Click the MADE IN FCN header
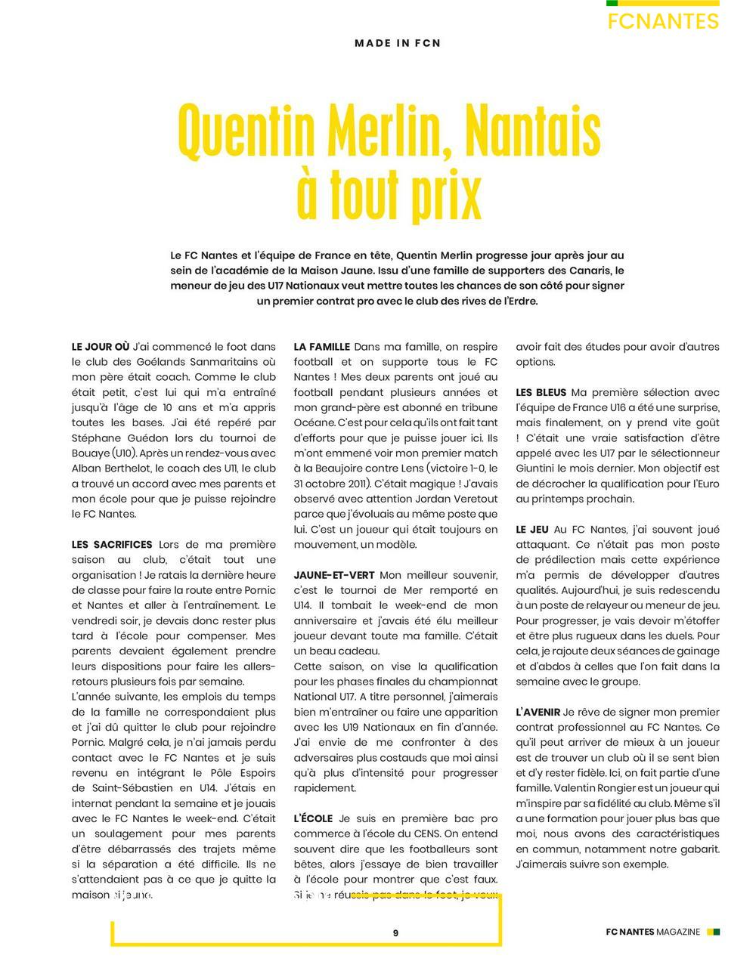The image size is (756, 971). [398, 43]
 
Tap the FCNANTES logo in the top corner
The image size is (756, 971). [663, 21]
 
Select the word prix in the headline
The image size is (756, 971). [446, 195]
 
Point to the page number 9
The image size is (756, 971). [395, 932]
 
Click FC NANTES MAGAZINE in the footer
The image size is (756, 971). [653, 932]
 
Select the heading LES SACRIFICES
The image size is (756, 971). [112, 544]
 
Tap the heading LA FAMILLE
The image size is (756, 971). [321, 347]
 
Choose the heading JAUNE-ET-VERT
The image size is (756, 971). [333, 575]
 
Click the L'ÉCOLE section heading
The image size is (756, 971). [313, 818]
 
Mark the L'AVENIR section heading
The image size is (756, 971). [538, 712]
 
